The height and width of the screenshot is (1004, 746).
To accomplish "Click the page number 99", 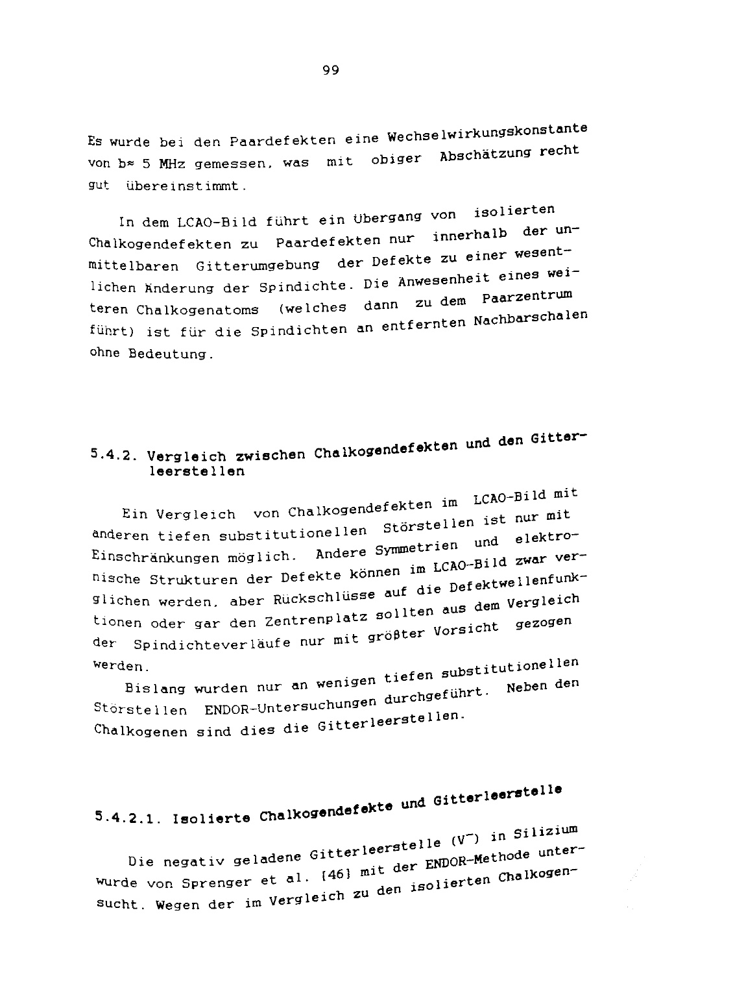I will [330, 71].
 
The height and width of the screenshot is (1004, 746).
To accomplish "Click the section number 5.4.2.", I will [114, 456].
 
